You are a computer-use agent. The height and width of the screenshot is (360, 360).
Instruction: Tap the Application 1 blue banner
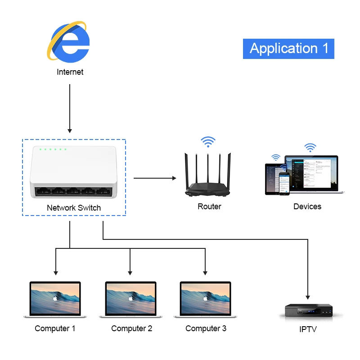click(288, 49)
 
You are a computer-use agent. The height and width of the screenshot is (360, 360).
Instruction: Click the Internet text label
click(70, 72)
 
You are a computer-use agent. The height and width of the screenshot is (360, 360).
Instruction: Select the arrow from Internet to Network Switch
click(70, 108)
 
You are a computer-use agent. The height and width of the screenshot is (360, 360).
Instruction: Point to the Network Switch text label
click(74, 208)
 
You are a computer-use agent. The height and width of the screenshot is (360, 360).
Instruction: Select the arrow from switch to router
click(155, 178)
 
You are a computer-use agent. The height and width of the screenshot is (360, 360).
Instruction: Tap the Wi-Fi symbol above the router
click(208, 142)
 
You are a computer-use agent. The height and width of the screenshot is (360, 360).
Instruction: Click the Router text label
click(209, 207)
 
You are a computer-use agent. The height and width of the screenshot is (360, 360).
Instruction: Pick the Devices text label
click(307, 207)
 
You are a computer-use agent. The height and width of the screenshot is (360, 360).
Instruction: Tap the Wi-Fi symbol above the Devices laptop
click(310, 147)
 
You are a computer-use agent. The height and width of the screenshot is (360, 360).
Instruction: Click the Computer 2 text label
click(131, 328)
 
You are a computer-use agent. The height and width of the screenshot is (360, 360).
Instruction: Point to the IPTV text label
click(308, 330)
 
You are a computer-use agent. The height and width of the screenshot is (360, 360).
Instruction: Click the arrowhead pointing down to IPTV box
click(308, 297)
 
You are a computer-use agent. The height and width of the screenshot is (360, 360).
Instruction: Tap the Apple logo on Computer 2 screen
click(130, 298)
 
